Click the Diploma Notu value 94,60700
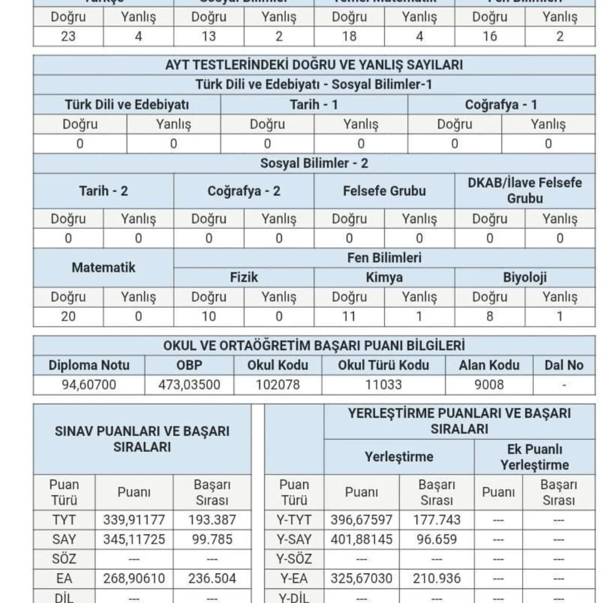(89, 385)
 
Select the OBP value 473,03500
(189, 385)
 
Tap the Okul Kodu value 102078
(277, 385)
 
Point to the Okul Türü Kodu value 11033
(383, 385)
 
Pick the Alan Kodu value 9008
(489, 385)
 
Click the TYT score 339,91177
(134, 520)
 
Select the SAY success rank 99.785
(212, 539)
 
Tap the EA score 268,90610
(134, 578)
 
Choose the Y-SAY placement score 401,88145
(361, 539)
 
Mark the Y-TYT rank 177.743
(437, 520)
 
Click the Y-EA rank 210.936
(437, 578)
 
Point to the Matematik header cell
(103, 267)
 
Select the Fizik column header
(244, 277)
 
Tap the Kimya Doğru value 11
(349, 317)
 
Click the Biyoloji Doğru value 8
(490, 317)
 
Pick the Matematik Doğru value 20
(68, 317)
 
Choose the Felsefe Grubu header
(384, 191)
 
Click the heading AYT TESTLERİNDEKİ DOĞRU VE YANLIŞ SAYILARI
(314, 65)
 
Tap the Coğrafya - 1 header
(501, 104)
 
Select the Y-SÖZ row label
(294, 559)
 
